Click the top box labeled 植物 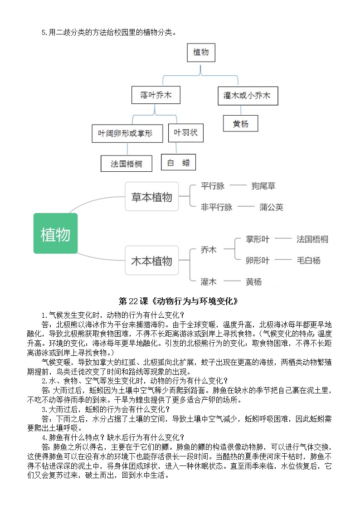tap(201, 53)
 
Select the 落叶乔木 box tap(154, 96)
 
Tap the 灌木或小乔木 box tap(247, 96)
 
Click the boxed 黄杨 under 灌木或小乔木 tap(241, 123)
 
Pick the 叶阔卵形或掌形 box tap(127, 133)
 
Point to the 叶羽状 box tap(186, 133)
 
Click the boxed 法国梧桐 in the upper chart tap(126, 164)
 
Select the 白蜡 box tap(178, 162)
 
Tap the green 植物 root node tap(55, 234)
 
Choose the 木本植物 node tap(151, 261)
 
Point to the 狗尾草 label tap(263, 186)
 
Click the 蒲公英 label tap(271, 207)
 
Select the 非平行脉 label tap(217, 207)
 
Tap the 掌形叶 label tap(258, 239)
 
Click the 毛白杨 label tap(308, 260)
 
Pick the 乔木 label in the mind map tap(209, 250)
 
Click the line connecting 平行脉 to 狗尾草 tap(238, 186)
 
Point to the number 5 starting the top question tap(43, 32)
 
